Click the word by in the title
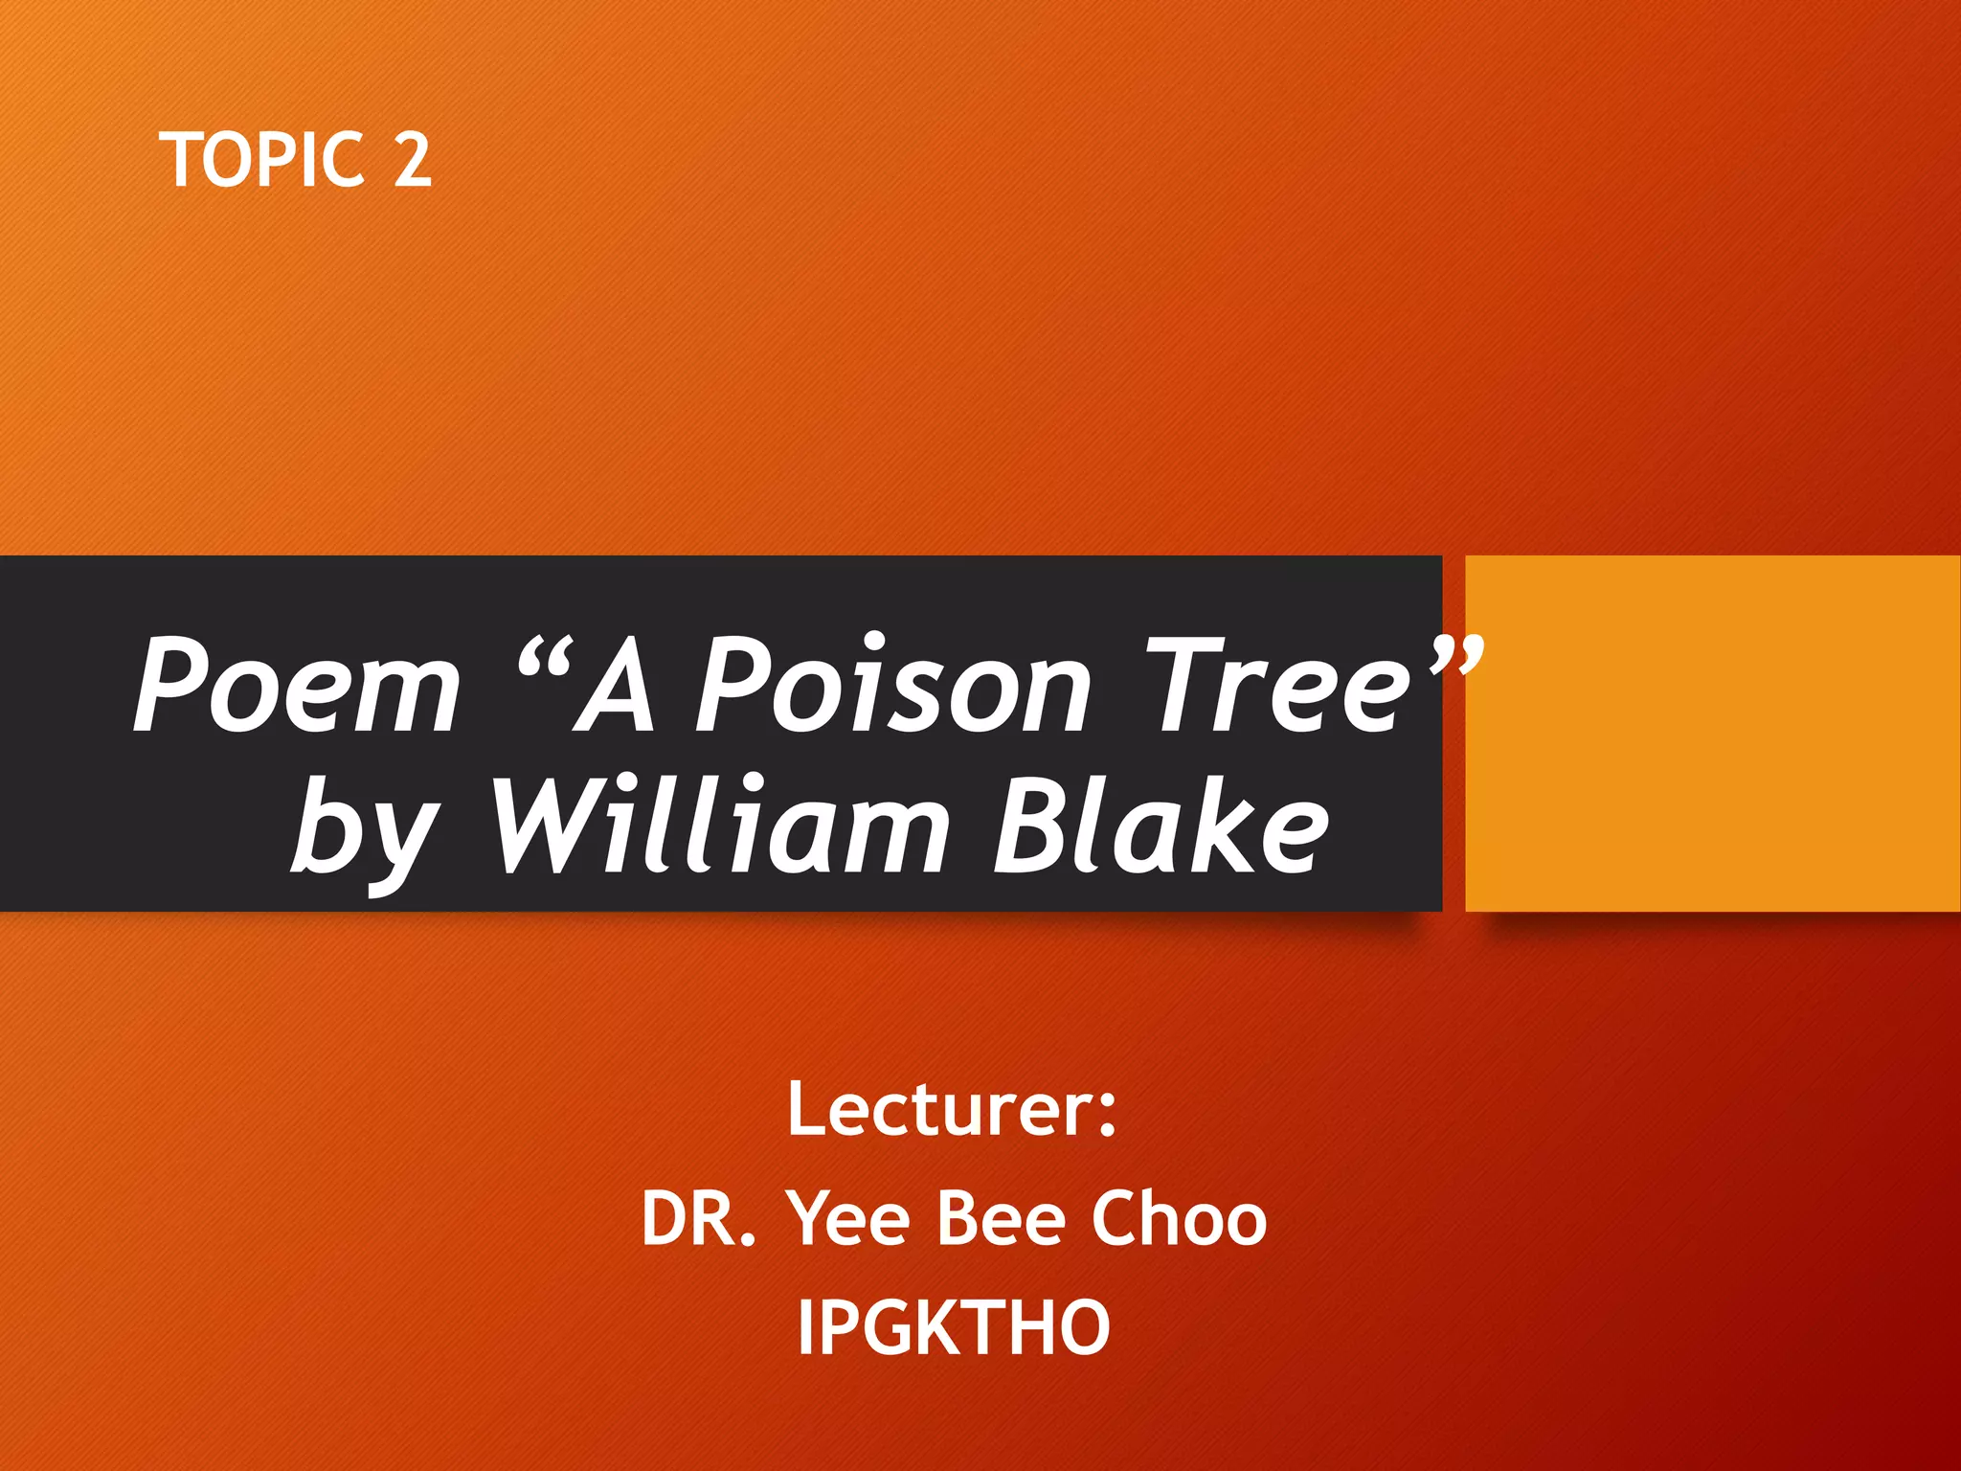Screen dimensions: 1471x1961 point(365,829)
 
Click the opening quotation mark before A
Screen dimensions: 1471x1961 point(547,655)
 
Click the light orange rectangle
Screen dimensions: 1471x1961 point(1712,733)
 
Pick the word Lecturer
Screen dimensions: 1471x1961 point(937,1110)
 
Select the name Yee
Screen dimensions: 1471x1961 point(847,1219)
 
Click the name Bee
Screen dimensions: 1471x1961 point(1001,1219)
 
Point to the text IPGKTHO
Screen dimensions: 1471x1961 point(954,1328)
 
